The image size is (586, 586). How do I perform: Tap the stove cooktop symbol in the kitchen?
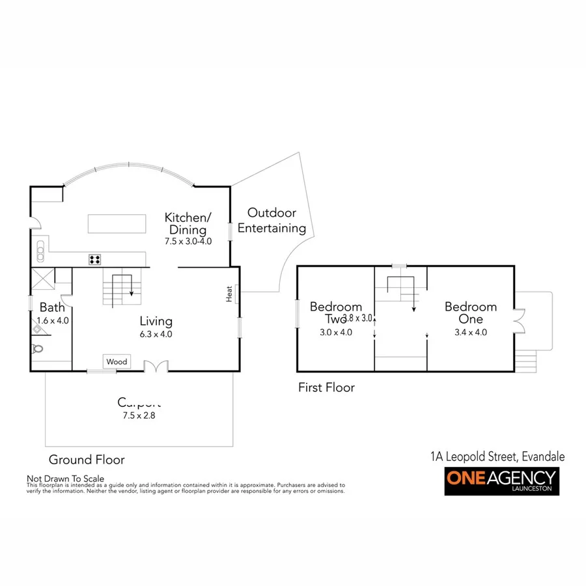click(x=95, y=260)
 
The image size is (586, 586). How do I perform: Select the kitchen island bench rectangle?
click(x=114, y=223)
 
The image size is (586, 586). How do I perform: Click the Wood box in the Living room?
click(x=117, y=361)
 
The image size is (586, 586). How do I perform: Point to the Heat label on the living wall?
click(x=230, y=294)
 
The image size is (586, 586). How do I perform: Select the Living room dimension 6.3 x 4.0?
click(x=156, y=334)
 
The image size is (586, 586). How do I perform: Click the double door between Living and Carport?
click(x=155, y=367)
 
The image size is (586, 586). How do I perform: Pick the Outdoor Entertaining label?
click(x=272, y=221)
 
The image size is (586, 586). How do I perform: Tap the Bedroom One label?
click(x=470, y=313)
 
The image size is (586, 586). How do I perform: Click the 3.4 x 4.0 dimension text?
click(x=470, y=332)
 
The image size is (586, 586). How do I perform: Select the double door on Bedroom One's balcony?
click(x=518, y=320)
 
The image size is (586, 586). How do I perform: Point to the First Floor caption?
click(x=326, y=387)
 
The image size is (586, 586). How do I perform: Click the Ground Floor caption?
click(x=87, y=460)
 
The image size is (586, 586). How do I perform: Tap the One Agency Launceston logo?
click(x=501, y=482)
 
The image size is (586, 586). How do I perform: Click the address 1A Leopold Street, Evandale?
click(x=497, y=457)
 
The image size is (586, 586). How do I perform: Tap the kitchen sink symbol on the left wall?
click(x=40, y=248)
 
